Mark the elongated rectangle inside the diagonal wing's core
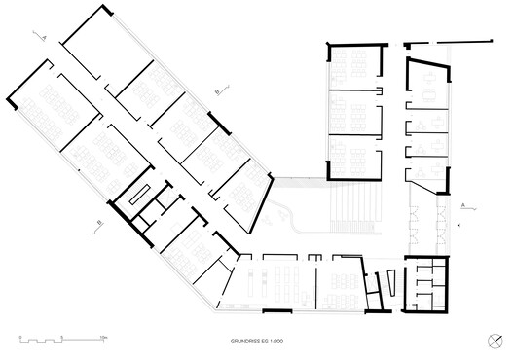140,191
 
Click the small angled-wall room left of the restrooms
383,283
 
